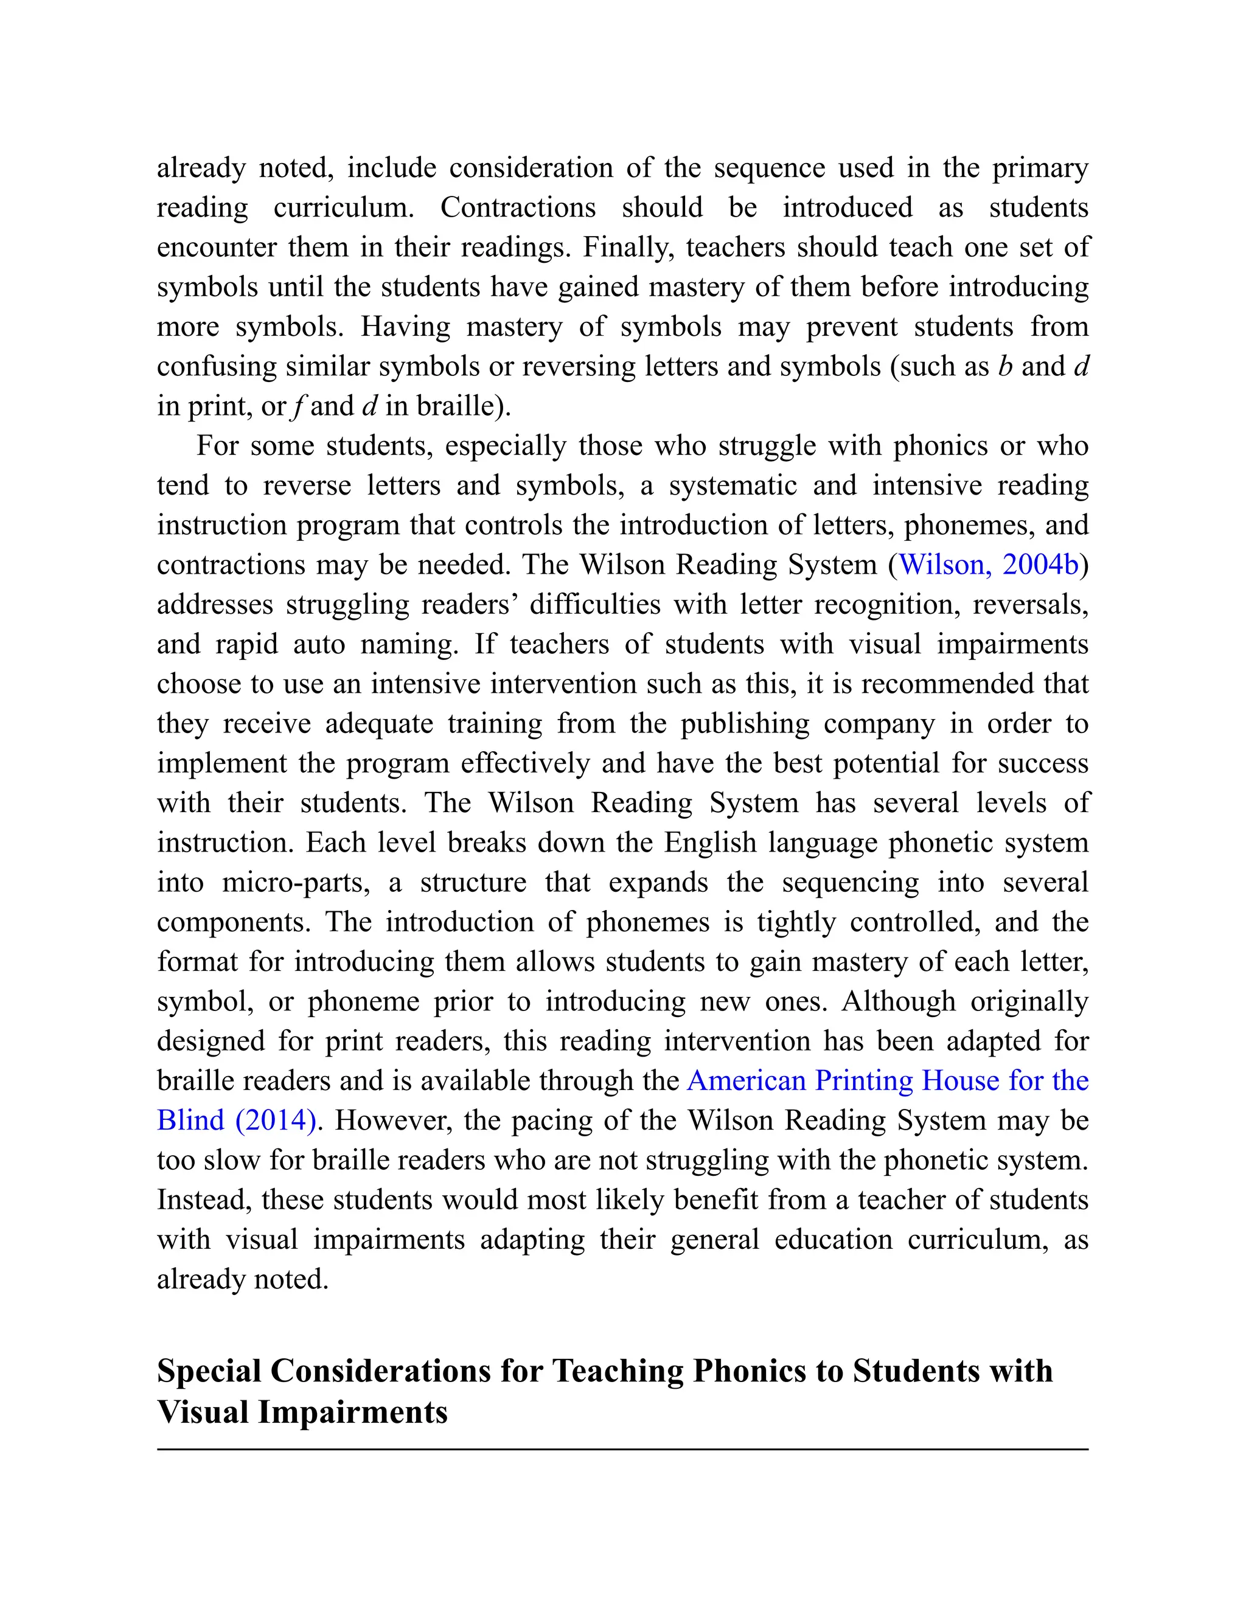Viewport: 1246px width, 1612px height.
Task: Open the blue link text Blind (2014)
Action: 237,1120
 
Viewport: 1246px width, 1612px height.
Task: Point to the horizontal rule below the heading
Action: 622,1450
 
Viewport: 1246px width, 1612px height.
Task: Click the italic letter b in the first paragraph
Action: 1004,366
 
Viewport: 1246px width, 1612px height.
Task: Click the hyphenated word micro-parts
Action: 295,883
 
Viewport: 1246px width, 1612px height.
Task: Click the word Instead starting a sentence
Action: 204,1200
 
